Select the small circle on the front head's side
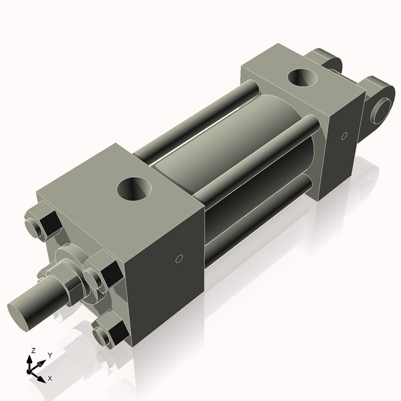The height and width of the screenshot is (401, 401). pyautogui.click(x=178, y=259)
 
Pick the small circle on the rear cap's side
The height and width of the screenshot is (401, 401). pyautogui.click(x=344, y=136)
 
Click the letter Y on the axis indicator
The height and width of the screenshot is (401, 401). pyautogui.click(x=49, y=354)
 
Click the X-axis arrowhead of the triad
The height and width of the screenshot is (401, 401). pyautogui.click(x=41, y=377)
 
